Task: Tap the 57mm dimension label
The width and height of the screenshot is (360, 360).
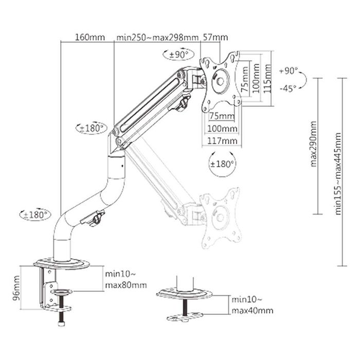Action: (x=216, y=37)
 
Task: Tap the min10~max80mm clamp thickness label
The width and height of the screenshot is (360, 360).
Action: (x=125, y=280)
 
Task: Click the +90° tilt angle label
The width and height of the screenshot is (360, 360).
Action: (x=288, y=70)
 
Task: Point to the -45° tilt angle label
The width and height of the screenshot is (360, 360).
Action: (x=288, y=88)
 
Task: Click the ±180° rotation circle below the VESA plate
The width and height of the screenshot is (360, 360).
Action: (x=222, y=164)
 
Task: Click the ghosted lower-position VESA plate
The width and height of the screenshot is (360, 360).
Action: (x=220, y=216)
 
